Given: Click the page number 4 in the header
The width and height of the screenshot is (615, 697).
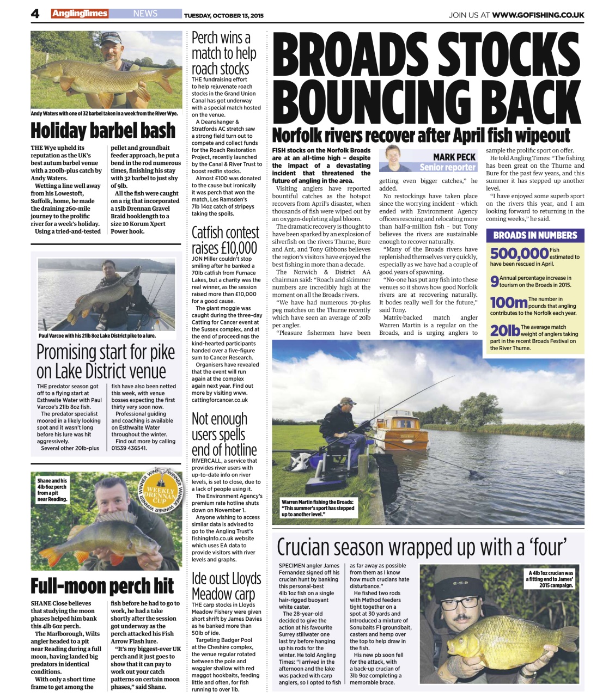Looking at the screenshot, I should coord(35,14).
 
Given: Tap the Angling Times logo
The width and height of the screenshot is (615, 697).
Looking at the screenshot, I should coord(80,14).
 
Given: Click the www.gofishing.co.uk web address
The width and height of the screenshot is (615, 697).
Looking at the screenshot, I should coord(538,15).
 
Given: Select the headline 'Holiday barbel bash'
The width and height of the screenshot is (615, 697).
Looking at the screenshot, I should coord(103,131).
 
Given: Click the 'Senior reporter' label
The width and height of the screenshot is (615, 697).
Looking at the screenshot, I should coord(447,167).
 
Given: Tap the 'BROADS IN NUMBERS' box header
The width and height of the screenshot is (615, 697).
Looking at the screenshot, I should coord(535,235).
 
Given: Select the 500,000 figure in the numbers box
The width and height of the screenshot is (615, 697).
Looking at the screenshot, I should coord(519,254).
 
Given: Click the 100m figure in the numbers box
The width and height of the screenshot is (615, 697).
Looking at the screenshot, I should coord(508,302).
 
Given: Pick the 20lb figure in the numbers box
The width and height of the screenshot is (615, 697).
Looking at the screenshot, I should coord(504,330).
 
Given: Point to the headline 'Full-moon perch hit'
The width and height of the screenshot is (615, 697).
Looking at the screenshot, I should coord(102,586).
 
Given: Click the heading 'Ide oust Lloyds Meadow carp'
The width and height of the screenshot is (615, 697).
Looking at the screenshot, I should coord(226,586).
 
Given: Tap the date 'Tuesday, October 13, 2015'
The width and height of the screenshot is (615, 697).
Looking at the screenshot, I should coord(223,15).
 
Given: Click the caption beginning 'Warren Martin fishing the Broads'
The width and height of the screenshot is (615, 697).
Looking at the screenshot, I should coord(318,508).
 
